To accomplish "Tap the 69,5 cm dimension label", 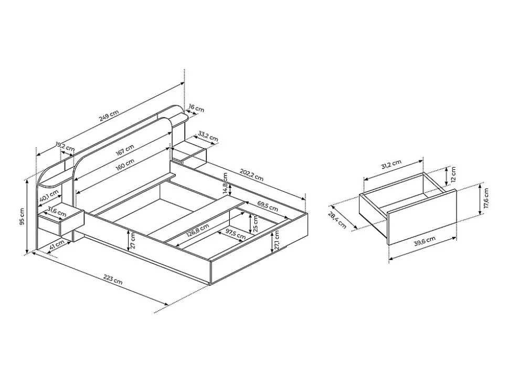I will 267,205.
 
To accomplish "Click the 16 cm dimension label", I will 196,109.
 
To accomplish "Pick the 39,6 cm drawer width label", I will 425,241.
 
